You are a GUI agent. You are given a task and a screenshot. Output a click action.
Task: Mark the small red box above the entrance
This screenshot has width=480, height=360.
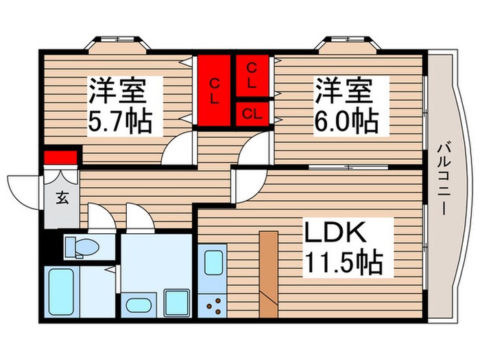tap(60, 158)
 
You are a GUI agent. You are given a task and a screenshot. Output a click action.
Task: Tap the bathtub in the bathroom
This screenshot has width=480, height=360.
tap(64, 292)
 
